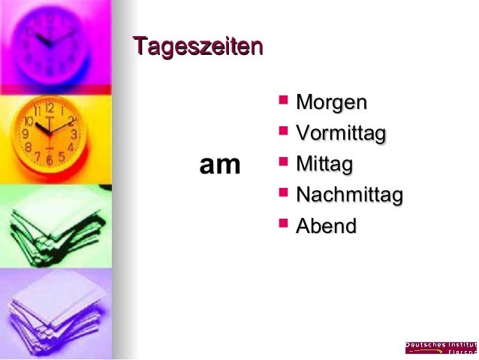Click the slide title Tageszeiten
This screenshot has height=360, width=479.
pos(197,47)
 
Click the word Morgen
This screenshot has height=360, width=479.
pos(331,102)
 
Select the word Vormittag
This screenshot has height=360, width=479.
pos(340,134)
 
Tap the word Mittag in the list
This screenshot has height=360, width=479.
pos(324,164)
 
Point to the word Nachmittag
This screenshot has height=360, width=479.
pos(349,195)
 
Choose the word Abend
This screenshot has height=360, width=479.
pos(326,225)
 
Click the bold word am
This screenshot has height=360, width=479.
pos(219,165)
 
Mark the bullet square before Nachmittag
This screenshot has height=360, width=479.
pos(283,192)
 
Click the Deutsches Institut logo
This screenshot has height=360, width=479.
pos(441,347)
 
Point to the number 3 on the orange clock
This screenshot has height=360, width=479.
pos(74,134)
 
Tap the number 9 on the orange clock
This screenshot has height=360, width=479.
pos(25,135)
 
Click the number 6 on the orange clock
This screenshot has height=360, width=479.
pos(50,160)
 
